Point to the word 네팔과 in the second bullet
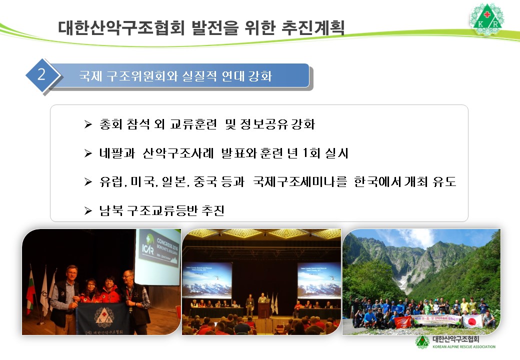pyautogui.click(x=114, y=153)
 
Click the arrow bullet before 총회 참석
pyautogui.click(x=88, y=125)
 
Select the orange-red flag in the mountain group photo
pyautogui.click(x=402, y=321)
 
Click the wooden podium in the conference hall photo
pyautogui.click(x=263, y=309)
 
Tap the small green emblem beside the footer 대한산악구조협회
pyautogui.click(x=422, y=341)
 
